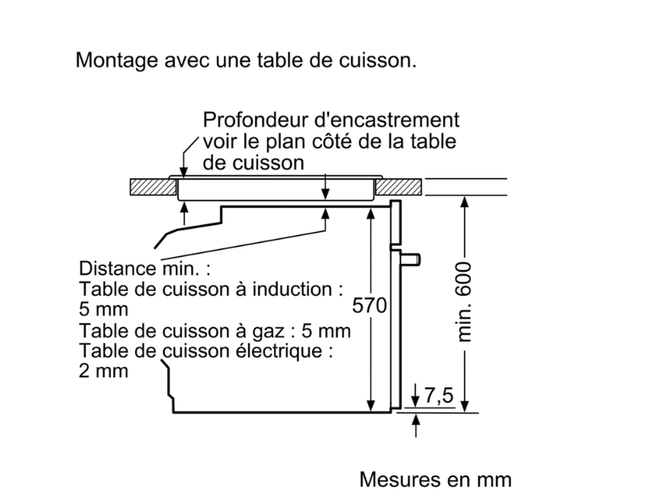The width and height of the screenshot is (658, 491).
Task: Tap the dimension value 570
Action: point(369,306)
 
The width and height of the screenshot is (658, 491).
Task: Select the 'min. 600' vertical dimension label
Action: point(464,302)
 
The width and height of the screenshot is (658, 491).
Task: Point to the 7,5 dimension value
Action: point(439,396)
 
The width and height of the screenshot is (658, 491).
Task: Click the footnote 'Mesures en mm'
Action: point(436,479)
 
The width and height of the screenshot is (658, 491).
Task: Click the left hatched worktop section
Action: point(152,188)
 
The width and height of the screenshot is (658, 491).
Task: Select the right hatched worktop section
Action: point(399,188)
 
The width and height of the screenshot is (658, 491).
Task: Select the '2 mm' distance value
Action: point(103,371)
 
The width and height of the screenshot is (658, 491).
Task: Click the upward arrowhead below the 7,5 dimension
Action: point(416,420)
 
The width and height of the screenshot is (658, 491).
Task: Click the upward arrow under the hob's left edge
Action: point(184,213)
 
